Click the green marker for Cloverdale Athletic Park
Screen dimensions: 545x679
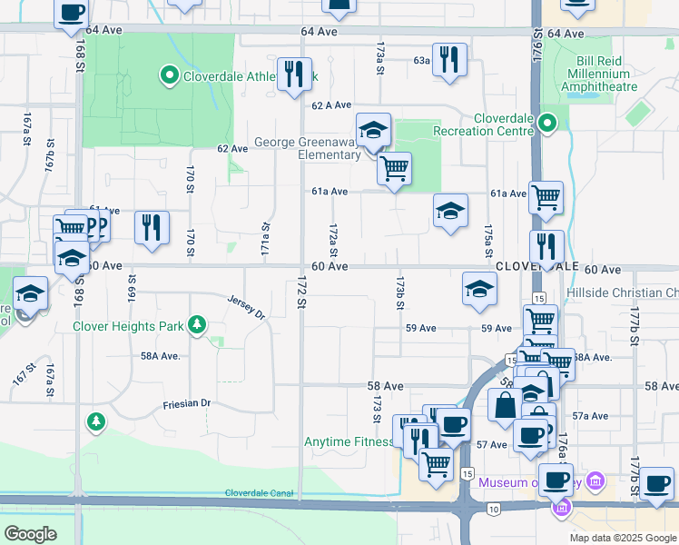point(169,75)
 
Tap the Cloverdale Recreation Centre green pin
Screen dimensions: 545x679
point(546,122)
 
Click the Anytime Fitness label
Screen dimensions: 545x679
point(349,442)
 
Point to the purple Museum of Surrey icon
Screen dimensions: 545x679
point(595,481)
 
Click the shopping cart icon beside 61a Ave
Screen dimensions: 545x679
point(546,197)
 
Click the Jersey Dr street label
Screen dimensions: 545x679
point(245,307)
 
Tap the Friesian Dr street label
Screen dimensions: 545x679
point(186,403)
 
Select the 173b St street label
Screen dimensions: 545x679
point(399,293)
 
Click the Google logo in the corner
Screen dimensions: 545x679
point(31,534)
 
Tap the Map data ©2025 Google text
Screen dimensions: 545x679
point(622,538)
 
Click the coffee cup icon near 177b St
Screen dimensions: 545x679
point(656,483)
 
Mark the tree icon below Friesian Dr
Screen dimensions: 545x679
point(95,421)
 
